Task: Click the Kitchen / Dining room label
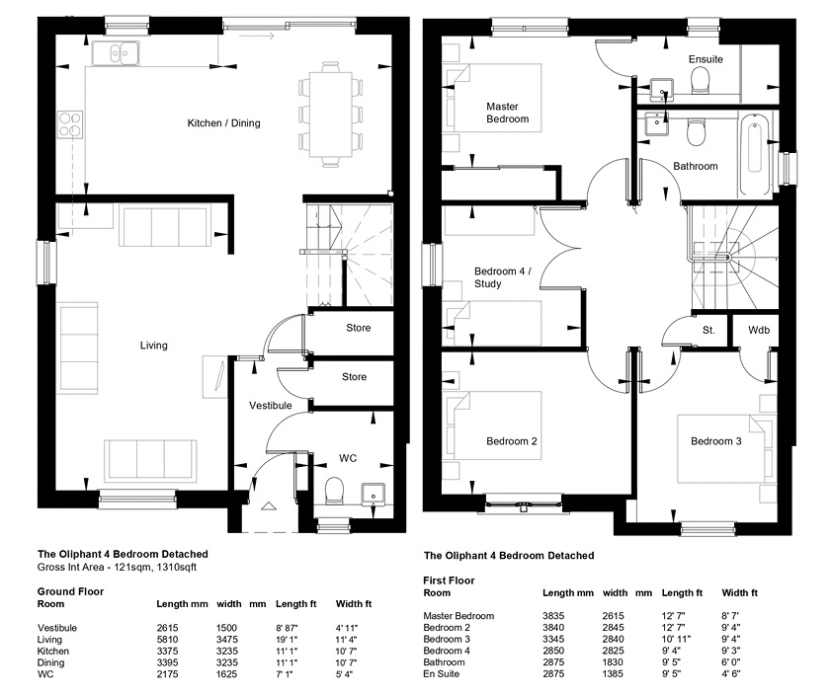(x=223, y=123)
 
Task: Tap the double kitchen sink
(x=117, y=53)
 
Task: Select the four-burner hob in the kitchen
(x=70, y=124)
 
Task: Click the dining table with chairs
(x=331, y=115)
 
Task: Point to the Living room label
(x=153, y=346)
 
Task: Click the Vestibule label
(x=271, y=406)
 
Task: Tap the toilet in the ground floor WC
(x=334, y=490)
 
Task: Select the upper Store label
(x=358, y=328)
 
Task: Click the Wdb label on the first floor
(x=759, y=331)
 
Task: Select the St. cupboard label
(x=708, y=331)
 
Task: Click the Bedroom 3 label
(x=715, y=441)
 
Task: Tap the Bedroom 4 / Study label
(x=503, y=277)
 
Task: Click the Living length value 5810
(x=167, y=640)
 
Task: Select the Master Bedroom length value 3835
(x=553, y=616)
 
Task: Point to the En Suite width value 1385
(x=613, y=674)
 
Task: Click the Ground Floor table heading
(x=70, y=591)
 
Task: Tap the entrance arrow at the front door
(x=269, y=505)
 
